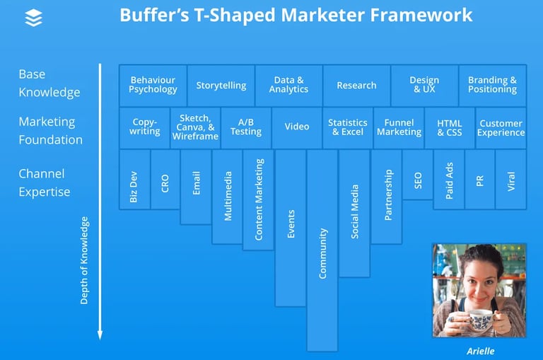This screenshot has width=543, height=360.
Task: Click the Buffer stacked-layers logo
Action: (33, 18)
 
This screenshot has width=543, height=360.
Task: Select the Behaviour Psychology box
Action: (153, 86)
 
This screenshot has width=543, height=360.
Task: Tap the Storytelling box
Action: (221, 86)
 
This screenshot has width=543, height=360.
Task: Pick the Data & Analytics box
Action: (288, 86)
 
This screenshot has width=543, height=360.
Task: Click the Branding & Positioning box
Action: (492, 86)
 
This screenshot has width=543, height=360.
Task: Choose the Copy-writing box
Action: (144, 127)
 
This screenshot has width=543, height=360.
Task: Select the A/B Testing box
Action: (246, 127)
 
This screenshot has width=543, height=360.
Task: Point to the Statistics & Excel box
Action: (348, 127)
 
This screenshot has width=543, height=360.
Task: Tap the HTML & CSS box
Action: (450, 127)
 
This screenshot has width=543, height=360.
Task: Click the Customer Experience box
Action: (501, 127)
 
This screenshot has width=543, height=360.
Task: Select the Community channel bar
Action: (322, 250)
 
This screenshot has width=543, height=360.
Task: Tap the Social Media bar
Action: (354, 213)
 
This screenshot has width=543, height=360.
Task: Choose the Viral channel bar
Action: (511, 180)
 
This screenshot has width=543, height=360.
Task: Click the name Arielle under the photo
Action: (480, 350)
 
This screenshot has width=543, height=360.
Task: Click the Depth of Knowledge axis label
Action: (84, 260)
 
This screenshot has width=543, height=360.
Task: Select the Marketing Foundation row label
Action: (50, 131)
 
